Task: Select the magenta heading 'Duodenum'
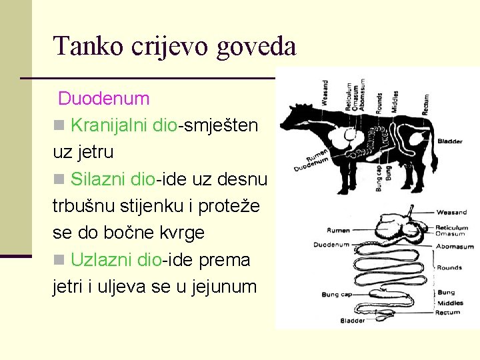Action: pyautogui.click(x=103, y=99)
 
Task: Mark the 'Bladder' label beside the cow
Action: pyautogui.click(x=450, y=141)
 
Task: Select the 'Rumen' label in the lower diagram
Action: pyautogui.click(x=339, y=231)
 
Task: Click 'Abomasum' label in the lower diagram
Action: pyautogui.click(x=454, y=247)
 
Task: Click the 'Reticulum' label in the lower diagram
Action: pyautogui.click(x=452, y=227)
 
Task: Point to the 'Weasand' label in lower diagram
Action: pyautogui.click(x=451, y=213)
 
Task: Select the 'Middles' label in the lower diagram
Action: pyautogui.click(x=450, y=303)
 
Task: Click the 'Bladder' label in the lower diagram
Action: pyautogui.click(x=353, y=321)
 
